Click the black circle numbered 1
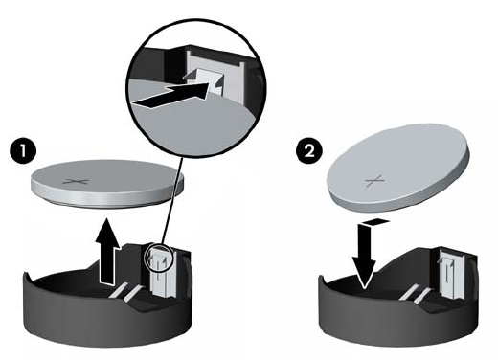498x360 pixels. coord(23,150)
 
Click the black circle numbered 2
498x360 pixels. coord(309,150)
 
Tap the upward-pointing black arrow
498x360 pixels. coord(107,251)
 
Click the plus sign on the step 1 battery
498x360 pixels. coord(76,182)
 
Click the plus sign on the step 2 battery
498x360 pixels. coord(373,181)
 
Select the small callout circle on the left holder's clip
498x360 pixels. coord(158,258)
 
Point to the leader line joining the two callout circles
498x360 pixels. coord(172,201)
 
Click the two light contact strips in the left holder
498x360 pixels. coord(126,291)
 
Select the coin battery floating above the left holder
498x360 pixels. coord(107,185)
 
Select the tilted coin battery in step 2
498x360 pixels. coord(397,169)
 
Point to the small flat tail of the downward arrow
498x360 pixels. coord(376,221)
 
